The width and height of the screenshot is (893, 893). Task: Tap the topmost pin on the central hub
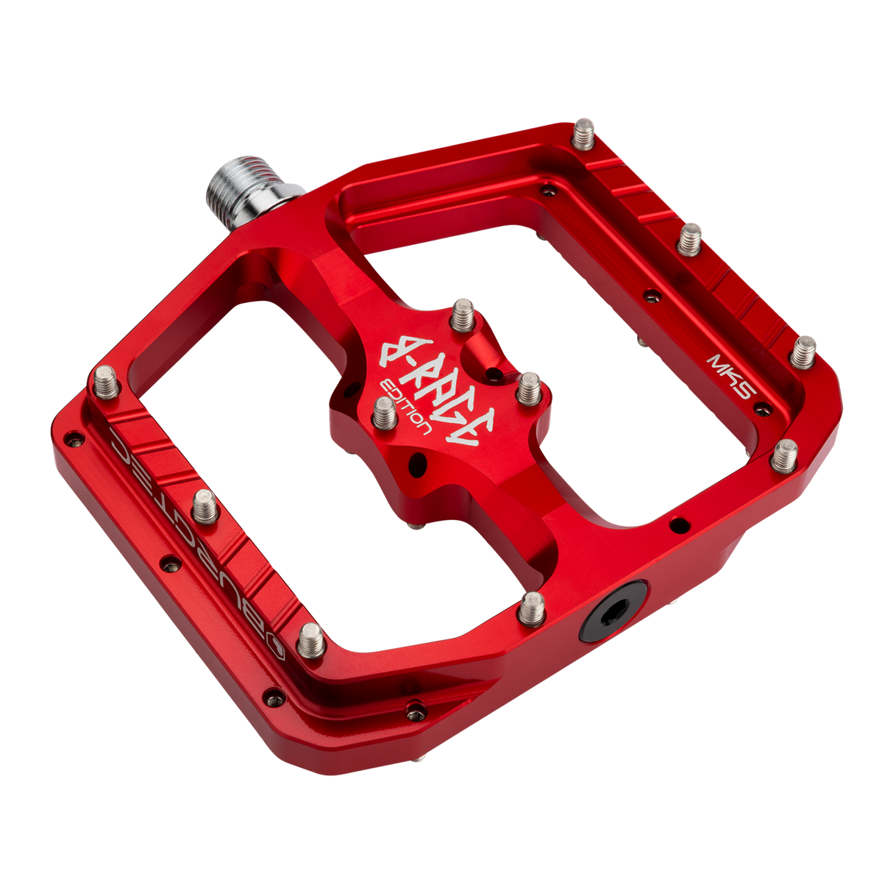[x=463, y=313]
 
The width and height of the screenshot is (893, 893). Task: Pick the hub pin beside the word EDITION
[x=384, y=415]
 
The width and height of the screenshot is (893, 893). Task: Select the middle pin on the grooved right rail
[x=690, y=239]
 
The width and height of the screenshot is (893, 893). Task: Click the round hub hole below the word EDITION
[x=418, y=463]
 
